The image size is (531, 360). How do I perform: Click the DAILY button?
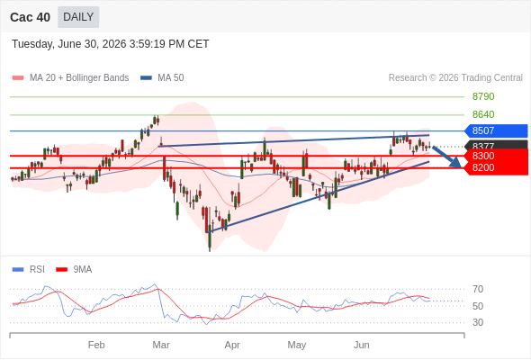tap(78, 17)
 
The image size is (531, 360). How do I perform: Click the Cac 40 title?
tap(30, 17)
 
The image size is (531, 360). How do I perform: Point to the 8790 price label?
tap(483, 96)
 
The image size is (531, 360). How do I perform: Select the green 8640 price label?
tap(483, 114)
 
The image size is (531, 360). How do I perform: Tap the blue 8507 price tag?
tap(496, 130)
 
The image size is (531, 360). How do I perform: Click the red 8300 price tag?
tap(496, 156)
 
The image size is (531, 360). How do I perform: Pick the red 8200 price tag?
tap(496, 167)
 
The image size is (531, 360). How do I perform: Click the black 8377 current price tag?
tap(496, 145)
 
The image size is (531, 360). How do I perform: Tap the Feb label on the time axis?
tap(96, 345)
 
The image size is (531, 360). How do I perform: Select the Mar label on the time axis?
tap(161, 345)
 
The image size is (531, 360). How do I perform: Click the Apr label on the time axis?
tap(232, 345)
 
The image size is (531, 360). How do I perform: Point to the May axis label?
tap(297, 345)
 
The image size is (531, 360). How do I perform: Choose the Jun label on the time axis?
tap(361, 345)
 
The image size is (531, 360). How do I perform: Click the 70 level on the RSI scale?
tap(478, 289)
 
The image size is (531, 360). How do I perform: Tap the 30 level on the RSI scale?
tap(478, 322)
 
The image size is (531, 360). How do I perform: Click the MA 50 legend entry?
tap(162, 78)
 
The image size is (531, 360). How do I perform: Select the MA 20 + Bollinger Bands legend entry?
tap(70, 78)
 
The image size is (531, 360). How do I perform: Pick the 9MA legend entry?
tap(74, 270)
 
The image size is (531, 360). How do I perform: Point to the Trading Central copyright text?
tap(455, 78)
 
